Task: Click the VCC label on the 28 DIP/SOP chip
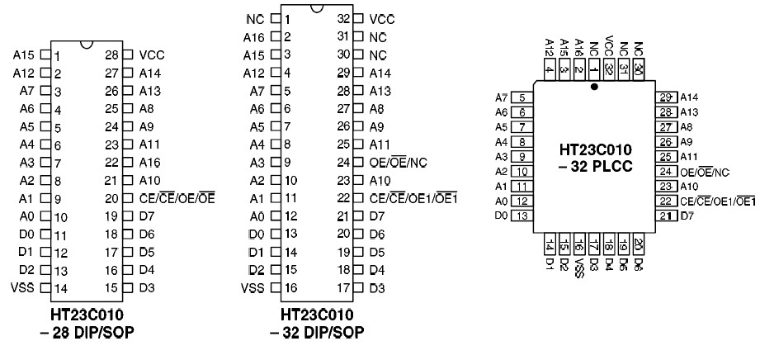point(152,56)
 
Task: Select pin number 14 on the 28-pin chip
point(61,288)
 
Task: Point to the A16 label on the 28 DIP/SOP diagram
point(149,163)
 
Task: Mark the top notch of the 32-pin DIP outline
point(316,9)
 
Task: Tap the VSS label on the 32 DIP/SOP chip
point(253,288)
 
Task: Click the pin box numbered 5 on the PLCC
point(522,97)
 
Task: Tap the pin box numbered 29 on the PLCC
point(667,97)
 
